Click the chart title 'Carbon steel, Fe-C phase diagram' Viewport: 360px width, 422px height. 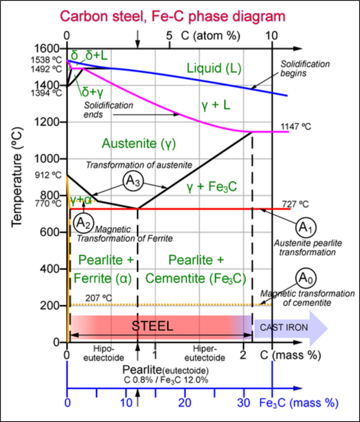coord(173,17)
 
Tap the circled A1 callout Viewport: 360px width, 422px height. coord(306,227)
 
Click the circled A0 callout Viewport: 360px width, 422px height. coord(306,277)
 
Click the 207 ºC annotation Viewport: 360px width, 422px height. coord(99,298)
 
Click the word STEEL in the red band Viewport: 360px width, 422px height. coord(152,326)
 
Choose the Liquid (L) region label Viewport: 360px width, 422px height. coord(214,69)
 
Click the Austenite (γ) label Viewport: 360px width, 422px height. coord(139,143)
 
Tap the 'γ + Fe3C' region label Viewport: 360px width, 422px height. coord(212,187)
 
